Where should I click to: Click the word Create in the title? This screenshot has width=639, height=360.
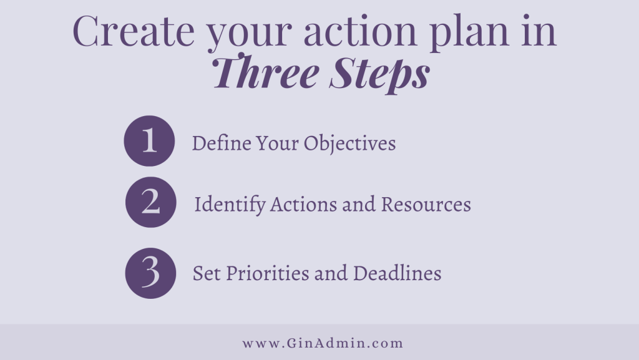(x=134, y=31)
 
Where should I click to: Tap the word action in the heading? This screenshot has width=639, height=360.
(x=360, y=31)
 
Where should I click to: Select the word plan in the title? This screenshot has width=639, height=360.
(x=469, y=34)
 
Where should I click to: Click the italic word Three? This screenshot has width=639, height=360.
(x=265, y=72)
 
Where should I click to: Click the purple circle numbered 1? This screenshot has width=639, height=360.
(x=149, y=141)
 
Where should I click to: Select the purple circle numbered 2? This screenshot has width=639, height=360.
(x=151, y=202)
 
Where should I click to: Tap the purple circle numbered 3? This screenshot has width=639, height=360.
(x=151, y=273)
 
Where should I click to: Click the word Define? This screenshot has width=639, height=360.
(x=222, y=143)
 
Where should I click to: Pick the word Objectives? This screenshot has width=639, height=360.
(x=349, y=144)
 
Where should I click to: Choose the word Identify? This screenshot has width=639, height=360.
(x=230, y=205)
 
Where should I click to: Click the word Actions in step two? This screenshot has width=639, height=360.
(x=303, y=204)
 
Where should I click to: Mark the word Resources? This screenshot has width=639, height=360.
(x=426, y=204)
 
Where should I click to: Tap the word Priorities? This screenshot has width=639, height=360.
(x=267, y=273)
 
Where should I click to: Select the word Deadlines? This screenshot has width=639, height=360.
(x=398, y=273)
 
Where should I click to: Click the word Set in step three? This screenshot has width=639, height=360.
(x=207, y=273)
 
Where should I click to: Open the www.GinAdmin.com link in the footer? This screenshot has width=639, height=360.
(x=323, y=343)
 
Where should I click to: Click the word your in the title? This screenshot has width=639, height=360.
(x=249, y=34)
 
